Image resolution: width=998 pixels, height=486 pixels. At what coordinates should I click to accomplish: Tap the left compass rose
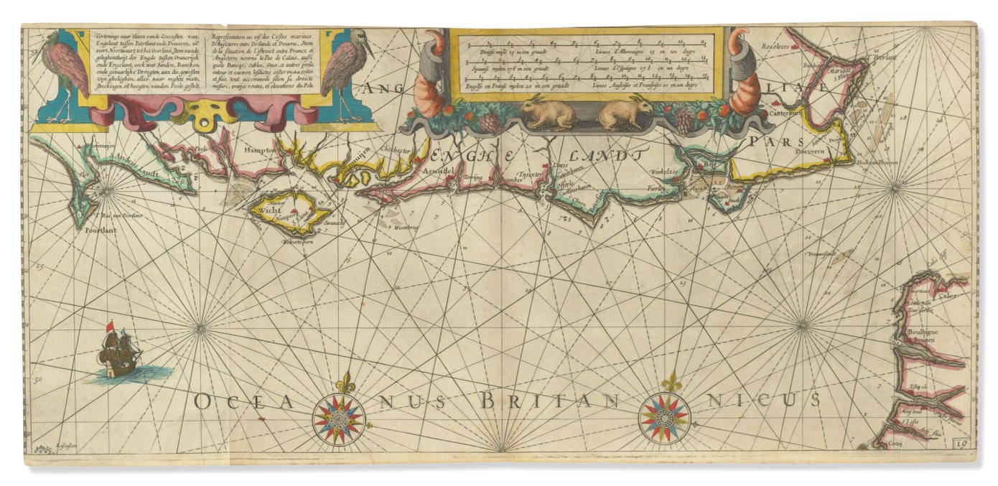340,416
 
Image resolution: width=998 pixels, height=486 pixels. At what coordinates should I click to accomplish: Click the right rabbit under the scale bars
626,113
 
